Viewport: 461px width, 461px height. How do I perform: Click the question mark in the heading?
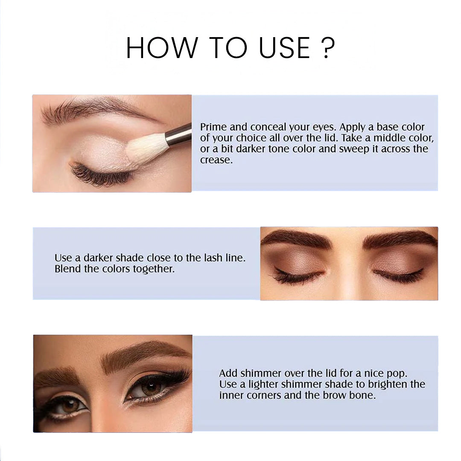point(328,48)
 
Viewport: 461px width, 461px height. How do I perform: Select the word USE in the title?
point(285,48)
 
